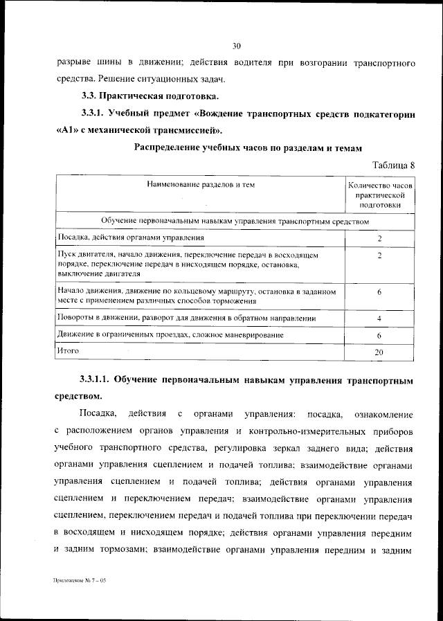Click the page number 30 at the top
tap(236, 46)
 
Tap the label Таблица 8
tap(393, 165)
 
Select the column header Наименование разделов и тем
tap(201, 185)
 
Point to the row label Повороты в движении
tap(187, 318)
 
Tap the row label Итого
tap(69, 352)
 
